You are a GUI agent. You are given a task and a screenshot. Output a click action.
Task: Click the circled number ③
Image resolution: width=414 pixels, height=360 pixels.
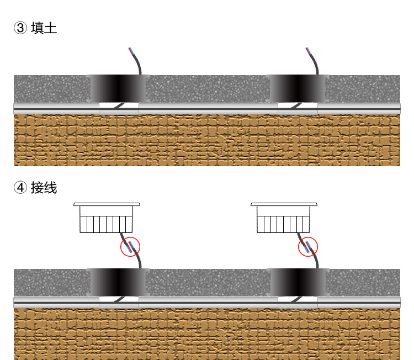20,28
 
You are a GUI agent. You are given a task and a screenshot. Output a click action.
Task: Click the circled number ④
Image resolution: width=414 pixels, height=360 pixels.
20,188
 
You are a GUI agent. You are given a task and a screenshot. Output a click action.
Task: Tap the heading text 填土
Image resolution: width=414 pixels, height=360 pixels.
44,28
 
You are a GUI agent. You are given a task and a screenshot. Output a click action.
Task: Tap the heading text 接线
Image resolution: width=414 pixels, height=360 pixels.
44,188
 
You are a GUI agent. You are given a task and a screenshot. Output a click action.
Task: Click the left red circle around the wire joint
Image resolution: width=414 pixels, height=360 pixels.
130,247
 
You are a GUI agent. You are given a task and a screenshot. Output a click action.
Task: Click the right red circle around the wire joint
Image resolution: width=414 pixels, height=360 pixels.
308,247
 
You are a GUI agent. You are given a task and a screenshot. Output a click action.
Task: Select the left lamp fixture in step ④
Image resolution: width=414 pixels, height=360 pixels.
107,220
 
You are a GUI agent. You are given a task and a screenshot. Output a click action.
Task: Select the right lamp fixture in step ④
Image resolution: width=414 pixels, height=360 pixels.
284,220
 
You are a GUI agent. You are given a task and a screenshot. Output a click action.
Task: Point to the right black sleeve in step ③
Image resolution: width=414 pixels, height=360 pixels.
298,88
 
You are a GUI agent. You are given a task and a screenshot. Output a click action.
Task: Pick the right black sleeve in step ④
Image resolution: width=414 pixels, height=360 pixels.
298,282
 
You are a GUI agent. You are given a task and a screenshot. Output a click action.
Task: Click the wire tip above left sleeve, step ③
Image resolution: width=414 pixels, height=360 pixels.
130,50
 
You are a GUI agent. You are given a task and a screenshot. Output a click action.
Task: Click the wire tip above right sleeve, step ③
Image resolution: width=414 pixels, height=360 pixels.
308,50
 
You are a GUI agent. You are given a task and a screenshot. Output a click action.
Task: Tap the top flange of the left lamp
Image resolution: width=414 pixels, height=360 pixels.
107,204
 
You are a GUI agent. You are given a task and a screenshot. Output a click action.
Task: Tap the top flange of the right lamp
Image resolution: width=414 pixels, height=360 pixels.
284,204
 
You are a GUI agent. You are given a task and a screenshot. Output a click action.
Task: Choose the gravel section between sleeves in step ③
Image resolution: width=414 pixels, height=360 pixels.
208,88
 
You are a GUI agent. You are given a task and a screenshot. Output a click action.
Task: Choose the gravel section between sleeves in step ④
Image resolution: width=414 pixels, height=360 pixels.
208,282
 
